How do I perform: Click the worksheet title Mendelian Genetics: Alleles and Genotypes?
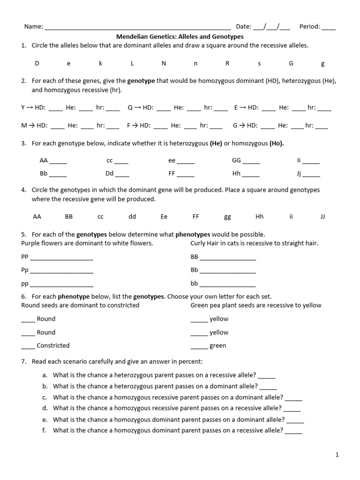180,36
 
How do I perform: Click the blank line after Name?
137,28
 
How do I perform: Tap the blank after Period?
329,28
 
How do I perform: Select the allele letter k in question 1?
100,63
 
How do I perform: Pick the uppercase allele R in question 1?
227,63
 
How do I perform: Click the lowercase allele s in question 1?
259,63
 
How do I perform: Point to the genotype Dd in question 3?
110,173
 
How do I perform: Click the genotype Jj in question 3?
299,173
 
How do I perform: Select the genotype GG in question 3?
236,160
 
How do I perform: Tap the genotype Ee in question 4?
164,217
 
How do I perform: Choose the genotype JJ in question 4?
322,217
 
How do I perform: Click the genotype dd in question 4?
132,217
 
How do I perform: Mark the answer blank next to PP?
61,258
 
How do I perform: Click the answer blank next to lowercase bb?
228,285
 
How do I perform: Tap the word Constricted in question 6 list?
53,345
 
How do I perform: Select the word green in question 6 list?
217,345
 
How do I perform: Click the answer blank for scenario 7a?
267,376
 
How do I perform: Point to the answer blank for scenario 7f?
293,431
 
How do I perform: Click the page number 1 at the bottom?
337,455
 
